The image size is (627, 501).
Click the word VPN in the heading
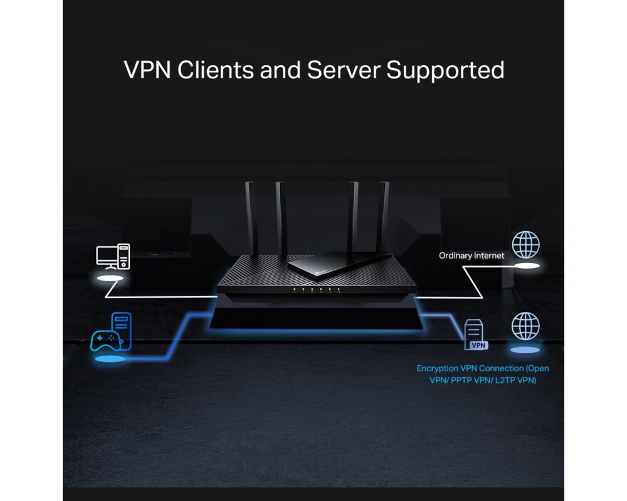point(147,70)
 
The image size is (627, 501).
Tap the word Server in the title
point(344,70)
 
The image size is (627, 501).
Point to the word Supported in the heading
point(445,70)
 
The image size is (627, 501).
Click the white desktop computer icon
point(113,257)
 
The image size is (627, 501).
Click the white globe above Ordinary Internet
point(525,245)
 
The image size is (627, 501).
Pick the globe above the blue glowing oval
point(525,326)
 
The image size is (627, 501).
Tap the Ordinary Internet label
point(471,256)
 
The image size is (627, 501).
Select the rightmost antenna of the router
point(384,216)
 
